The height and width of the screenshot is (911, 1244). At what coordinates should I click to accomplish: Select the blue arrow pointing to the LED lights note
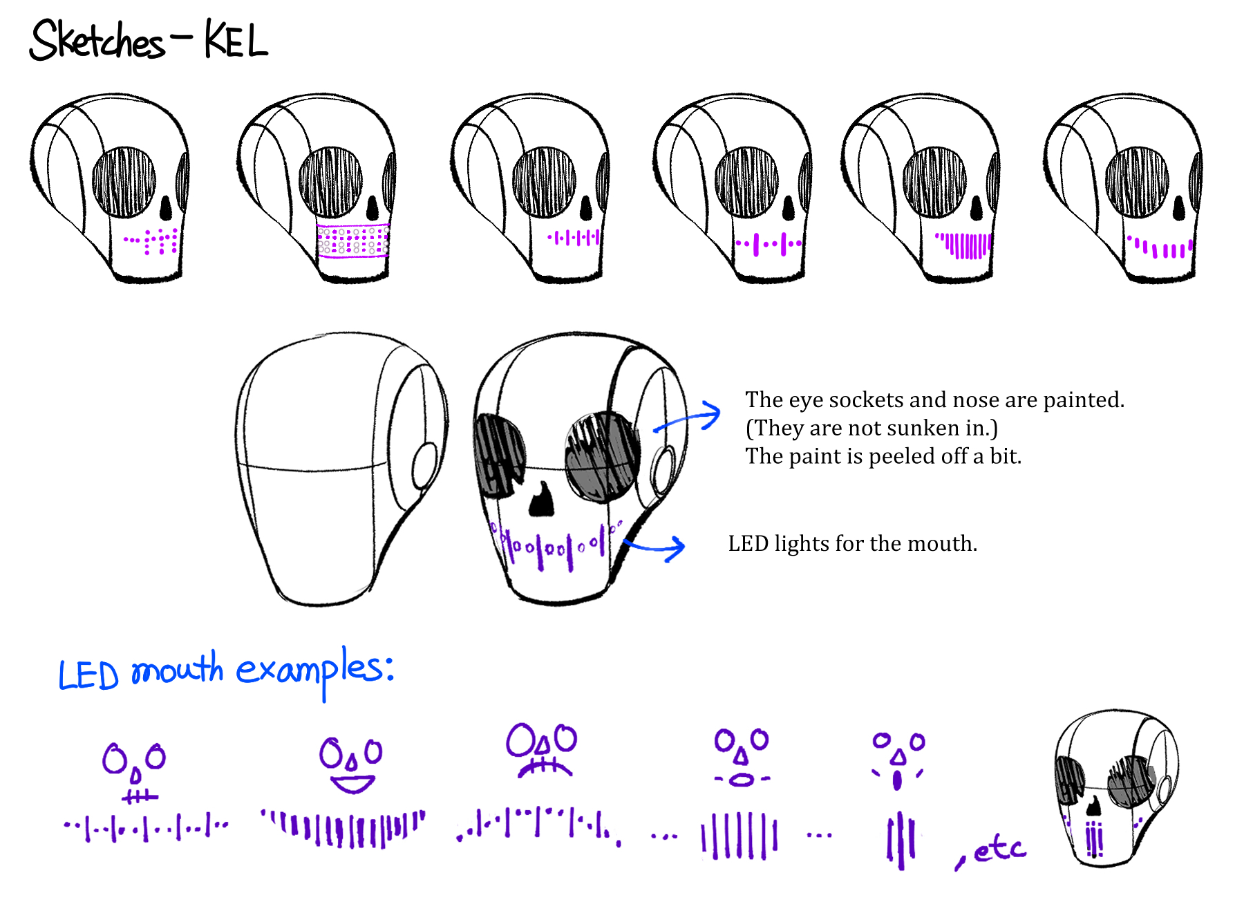pos(655,548)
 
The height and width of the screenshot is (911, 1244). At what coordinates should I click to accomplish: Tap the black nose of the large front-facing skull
pos(541,500)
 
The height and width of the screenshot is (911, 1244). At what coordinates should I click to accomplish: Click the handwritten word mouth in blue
pos(177,670)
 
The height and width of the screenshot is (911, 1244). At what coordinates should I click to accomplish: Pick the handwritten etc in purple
pos(998,849)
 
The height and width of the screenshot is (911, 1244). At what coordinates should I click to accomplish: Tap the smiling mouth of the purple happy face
pos(352,785)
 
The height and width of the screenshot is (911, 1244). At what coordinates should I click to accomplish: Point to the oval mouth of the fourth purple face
pos(742,780)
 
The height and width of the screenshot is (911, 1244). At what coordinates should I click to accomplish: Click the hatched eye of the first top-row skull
pos(124,182)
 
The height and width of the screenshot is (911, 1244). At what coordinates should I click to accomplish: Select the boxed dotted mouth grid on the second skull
pos(353,241)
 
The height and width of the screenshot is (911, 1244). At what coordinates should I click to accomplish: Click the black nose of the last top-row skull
pos(1179,207)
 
